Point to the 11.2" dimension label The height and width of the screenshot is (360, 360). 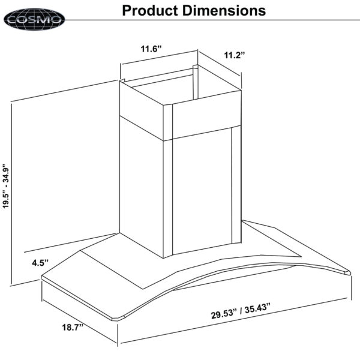[235, 55]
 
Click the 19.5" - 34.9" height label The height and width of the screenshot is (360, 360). [6, 186]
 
